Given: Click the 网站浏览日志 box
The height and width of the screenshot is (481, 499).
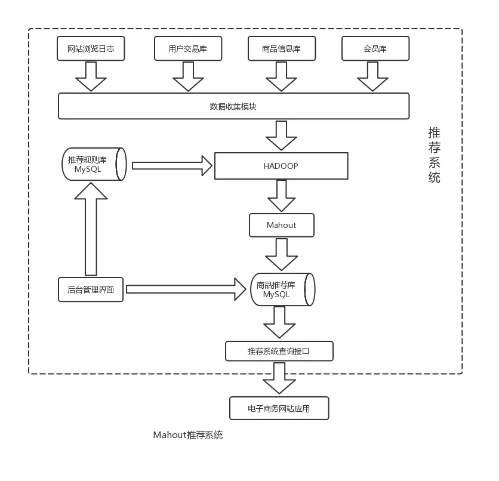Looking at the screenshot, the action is tap(91, 48).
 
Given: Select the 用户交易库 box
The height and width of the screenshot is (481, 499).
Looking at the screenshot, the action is tap(188, 48).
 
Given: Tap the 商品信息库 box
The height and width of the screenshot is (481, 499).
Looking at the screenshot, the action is tap(282, 48).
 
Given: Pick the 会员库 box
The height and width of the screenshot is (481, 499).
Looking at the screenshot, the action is tap(375, 48).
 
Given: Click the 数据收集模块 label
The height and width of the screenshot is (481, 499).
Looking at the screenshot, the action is tap(233, 107).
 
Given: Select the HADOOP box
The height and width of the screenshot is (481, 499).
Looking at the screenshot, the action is tap(281, 166).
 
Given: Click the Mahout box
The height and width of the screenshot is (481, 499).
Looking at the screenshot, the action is tap(282, 225).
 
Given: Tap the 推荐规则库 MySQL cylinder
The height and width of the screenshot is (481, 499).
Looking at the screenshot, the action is tap(94, 164).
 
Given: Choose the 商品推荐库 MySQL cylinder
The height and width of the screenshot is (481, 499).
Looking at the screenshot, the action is tap(282, 289).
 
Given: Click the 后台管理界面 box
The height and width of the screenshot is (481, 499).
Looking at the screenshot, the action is tap(91, 289).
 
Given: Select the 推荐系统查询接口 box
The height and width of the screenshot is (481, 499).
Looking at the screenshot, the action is tap(279, 351).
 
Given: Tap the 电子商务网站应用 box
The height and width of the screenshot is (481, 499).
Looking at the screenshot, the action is tap(279, 408).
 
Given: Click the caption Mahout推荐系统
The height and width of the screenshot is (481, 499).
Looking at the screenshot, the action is tap(188, 435).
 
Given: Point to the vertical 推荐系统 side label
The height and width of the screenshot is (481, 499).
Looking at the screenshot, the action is tap(434, 155).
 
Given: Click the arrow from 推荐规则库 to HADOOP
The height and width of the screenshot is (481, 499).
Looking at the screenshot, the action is tap(172, 166).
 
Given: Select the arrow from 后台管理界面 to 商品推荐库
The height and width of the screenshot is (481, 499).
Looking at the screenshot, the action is tap(186, 289).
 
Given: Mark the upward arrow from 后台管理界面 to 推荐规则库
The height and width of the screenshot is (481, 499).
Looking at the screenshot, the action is tap(91, 229).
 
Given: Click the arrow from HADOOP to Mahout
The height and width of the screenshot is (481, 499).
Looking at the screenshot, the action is tap(282, 196).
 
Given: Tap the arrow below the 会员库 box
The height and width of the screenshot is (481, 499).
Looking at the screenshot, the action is tap(372, 76).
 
